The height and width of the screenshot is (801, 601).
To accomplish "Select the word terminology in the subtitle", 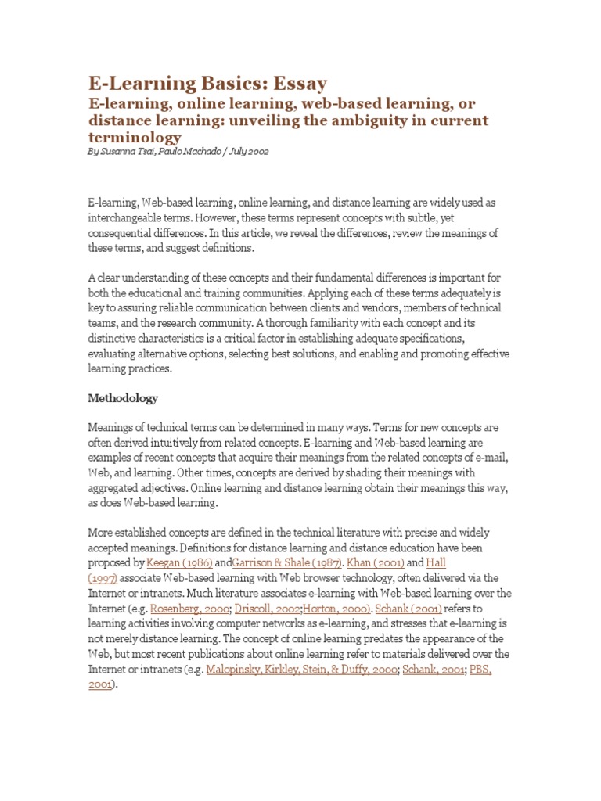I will pyautogui.click(x=134, y=138).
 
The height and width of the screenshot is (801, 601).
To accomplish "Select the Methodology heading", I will pyautogui.click(x=123, y=398).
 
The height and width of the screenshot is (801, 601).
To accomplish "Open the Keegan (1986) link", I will pyautogui.click(x=179, y=562).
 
